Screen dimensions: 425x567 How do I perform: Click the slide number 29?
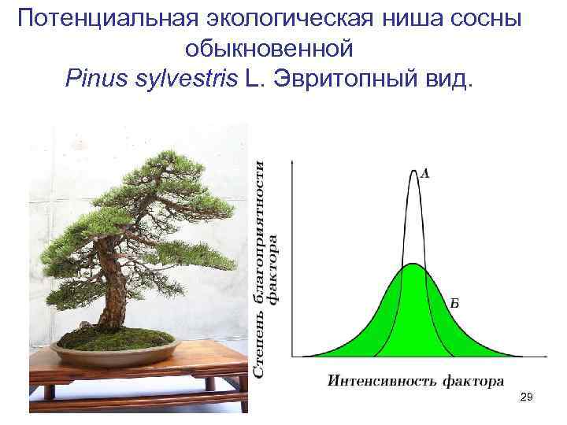[527, 400]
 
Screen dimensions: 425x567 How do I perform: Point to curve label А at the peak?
[425, 173]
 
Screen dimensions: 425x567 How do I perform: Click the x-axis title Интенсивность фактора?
[415, 382]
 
